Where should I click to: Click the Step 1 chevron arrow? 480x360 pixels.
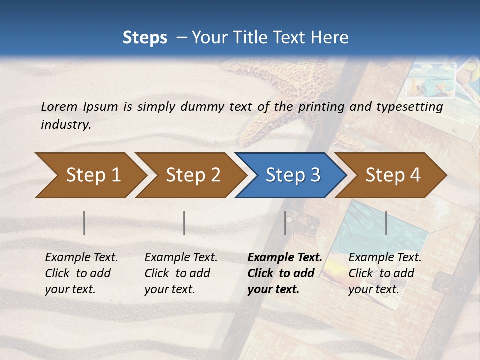[90, 175]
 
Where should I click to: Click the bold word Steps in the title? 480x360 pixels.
[145, 38]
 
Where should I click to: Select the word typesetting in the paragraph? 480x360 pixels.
[404, 107]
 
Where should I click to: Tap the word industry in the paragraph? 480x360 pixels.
[66, 125]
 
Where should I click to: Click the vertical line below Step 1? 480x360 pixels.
[84, 223]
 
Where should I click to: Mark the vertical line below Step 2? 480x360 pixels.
[184, 223]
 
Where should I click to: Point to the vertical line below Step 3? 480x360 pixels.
[285, 223]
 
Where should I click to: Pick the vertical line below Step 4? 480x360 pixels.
[386, 223]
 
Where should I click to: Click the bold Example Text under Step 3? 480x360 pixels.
[285, 258]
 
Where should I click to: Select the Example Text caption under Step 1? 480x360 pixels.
[81, 258]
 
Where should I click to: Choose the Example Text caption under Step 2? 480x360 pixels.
[181, 258]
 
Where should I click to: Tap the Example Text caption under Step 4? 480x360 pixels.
[385, 258]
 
